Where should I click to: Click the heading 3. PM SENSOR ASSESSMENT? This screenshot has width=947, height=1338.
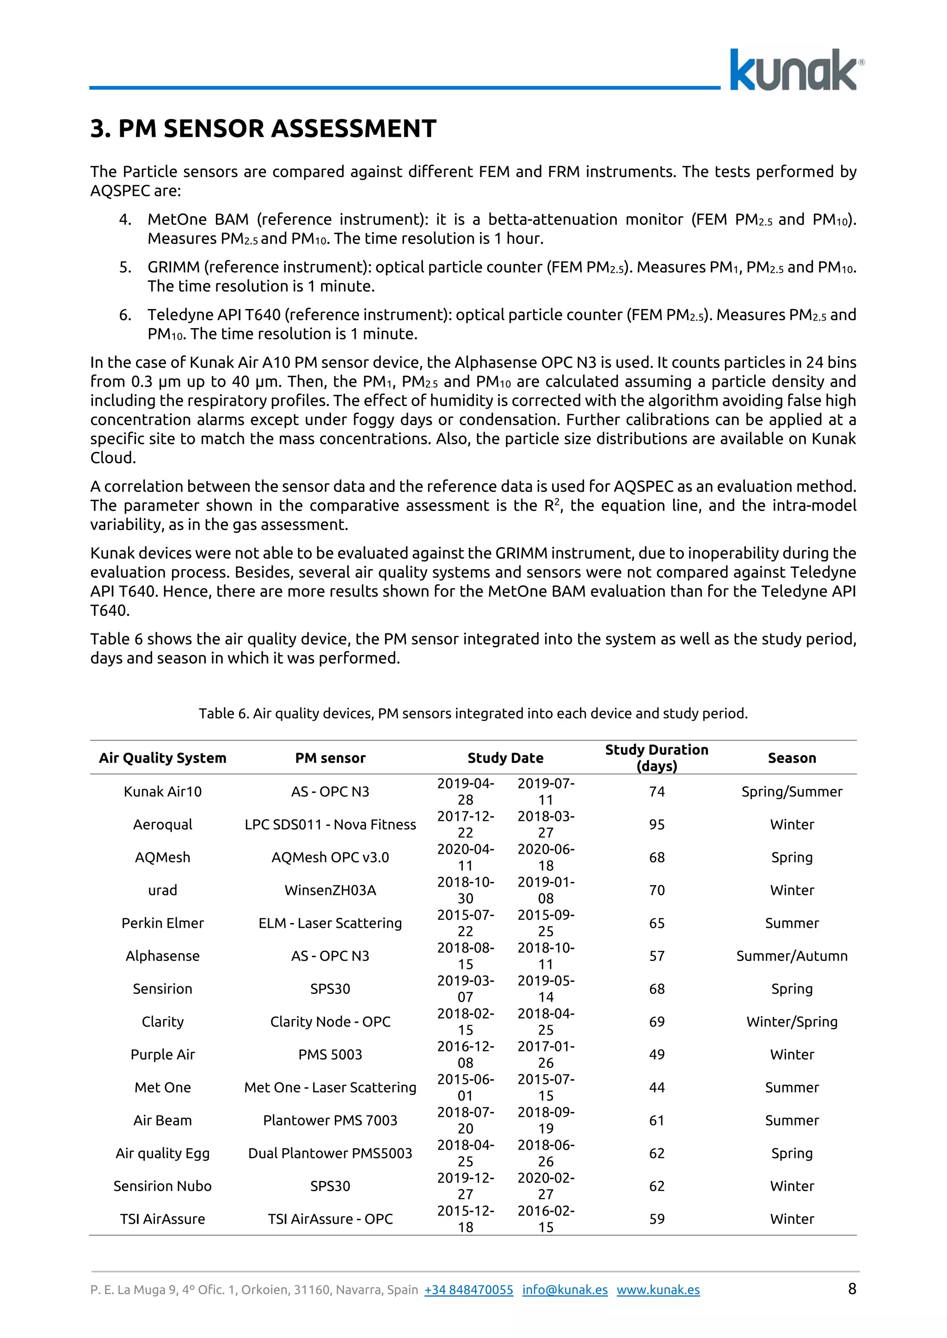(263, 128)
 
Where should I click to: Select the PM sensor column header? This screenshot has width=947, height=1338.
(330, 758)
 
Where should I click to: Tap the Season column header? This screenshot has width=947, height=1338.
(791, 758)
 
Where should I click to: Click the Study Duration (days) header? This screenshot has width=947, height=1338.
(657, 758)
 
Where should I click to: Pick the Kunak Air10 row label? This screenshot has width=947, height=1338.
(162, 791)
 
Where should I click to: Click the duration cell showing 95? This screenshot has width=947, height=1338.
(657, 825)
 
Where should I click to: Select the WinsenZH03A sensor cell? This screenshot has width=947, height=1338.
(330, 890)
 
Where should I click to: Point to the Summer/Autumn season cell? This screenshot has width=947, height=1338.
(791, 956)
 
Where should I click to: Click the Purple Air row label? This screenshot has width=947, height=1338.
(162, 1054)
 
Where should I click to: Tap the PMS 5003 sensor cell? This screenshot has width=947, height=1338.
(330, 1054)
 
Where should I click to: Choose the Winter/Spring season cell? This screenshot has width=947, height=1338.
(791, 1022)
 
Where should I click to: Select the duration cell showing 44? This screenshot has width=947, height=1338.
(657, 1088)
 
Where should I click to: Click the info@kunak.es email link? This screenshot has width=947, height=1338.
(565, 1289)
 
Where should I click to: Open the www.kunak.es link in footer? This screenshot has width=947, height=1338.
(658, 1289)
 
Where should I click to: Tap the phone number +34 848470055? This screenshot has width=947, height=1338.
(469, 1289)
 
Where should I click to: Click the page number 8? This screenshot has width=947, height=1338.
(852, 1289)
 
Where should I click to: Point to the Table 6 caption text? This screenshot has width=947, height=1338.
(473, 713)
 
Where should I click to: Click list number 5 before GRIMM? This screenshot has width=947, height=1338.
(125, 268)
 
